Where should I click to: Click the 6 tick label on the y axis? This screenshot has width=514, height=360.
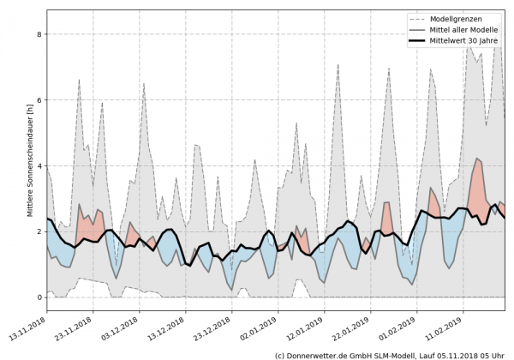(39, 100)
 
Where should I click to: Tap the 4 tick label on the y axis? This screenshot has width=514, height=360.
(39, 165)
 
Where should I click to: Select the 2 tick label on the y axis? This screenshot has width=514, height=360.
(39, 231)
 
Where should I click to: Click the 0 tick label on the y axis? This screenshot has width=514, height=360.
(39, 297)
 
